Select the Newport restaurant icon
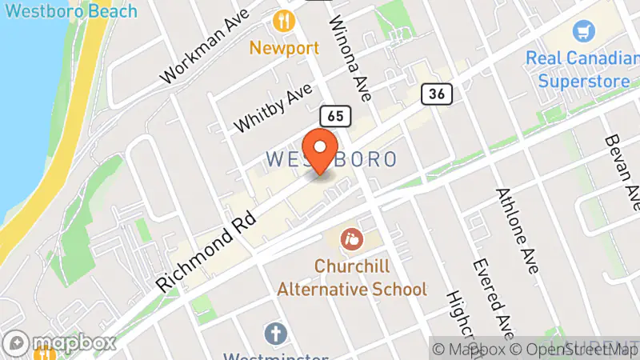pos(283,20)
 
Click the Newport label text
pos(284,47)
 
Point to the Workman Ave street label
pos(204,50)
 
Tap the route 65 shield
pos(334,116)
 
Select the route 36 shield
pos(437,94)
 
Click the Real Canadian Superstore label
pos(582,70)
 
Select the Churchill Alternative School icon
pos(350,238)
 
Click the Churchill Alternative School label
pos(352,277)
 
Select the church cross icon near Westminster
pos(275,332)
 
